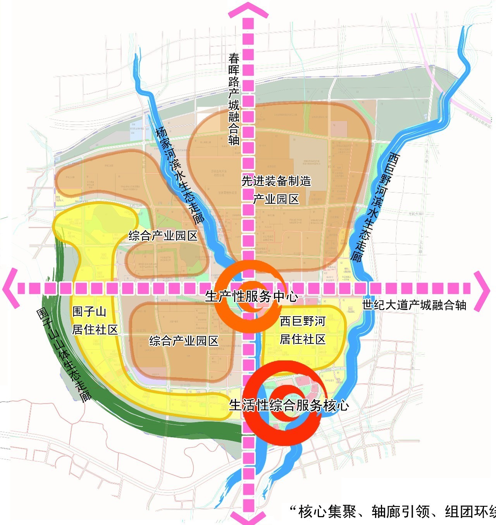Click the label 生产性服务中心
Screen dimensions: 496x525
251,297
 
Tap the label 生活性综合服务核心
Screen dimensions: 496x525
289,405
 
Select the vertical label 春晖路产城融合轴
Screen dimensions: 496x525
234,99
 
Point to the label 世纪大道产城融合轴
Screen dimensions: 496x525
414,305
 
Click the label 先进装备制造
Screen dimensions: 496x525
276,181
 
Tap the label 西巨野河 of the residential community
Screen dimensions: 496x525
303,321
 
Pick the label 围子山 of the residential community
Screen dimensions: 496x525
89,311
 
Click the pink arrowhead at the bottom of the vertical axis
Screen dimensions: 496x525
248,518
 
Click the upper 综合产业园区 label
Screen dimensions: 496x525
163,236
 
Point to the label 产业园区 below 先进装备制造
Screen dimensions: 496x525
276,199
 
